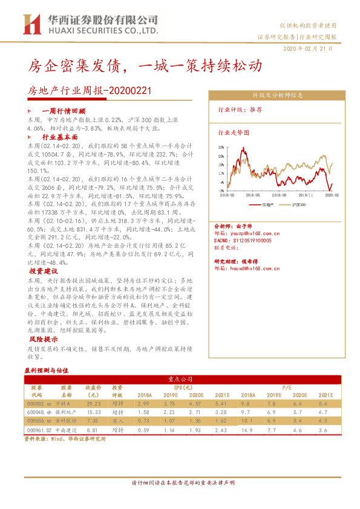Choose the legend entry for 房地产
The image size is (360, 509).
[270, 206]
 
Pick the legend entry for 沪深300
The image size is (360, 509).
[301, 206]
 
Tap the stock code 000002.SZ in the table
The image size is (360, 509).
[39, 403]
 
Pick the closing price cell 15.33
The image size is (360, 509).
[93, 412]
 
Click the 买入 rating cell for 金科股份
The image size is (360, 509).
[117, 420]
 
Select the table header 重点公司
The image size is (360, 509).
[180, 380]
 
